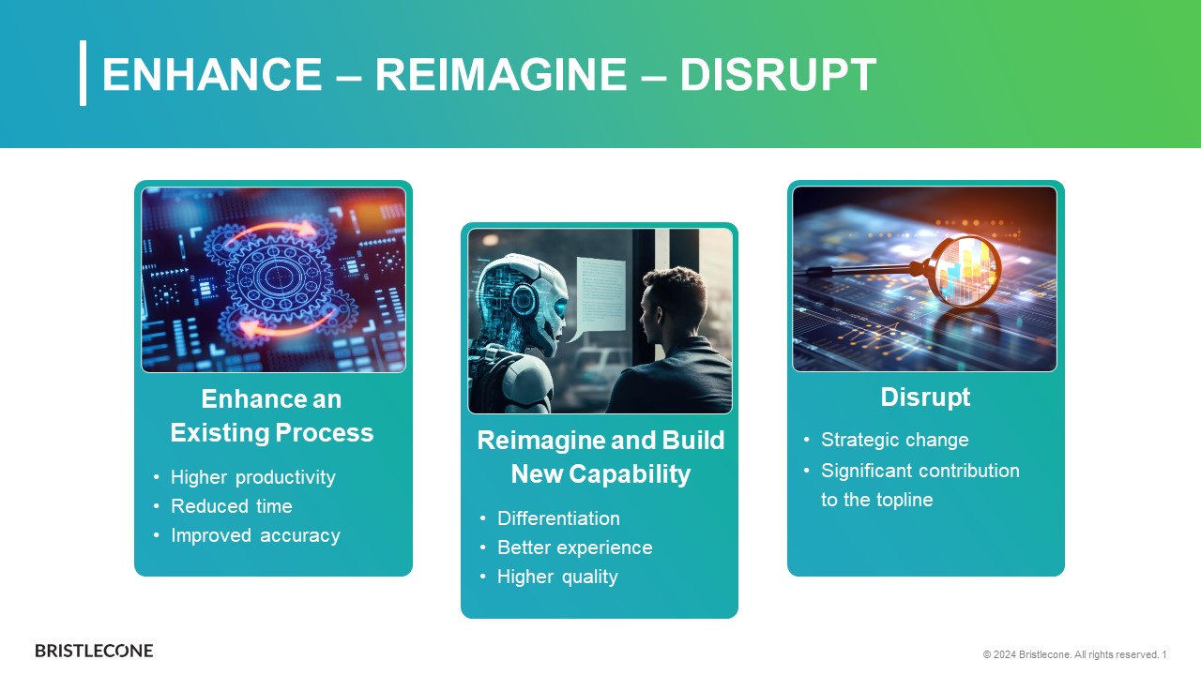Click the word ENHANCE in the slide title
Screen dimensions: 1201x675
tap(212, 74)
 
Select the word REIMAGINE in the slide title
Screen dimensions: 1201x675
tap(501, 74)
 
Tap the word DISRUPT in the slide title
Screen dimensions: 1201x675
tap(778, 74)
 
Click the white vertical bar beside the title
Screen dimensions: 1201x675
tap(84, 73)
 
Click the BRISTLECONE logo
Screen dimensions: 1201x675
tap(94, 651)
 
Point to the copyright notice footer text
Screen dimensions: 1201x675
tap(1074, 654)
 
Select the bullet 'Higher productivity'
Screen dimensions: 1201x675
tap(253, 477)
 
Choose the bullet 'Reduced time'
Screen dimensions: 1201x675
tap(232, 505)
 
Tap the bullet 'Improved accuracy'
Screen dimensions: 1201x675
tap(255, 535)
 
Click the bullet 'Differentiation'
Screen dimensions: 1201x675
tap(558, 518)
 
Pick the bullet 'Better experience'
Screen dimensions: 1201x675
tap(575, 547)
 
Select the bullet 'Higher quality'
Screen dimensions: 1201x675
tap(557, 577)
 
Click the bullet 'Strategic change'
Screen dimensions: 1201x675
tap(895, 440)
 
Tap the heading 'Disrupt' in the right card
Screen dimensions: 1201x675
tap(925, 397)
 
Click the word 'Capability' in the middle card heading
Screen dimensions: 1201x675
tap(630, 474)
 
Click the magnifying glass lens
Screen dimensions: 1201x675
tap(968, 271)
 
